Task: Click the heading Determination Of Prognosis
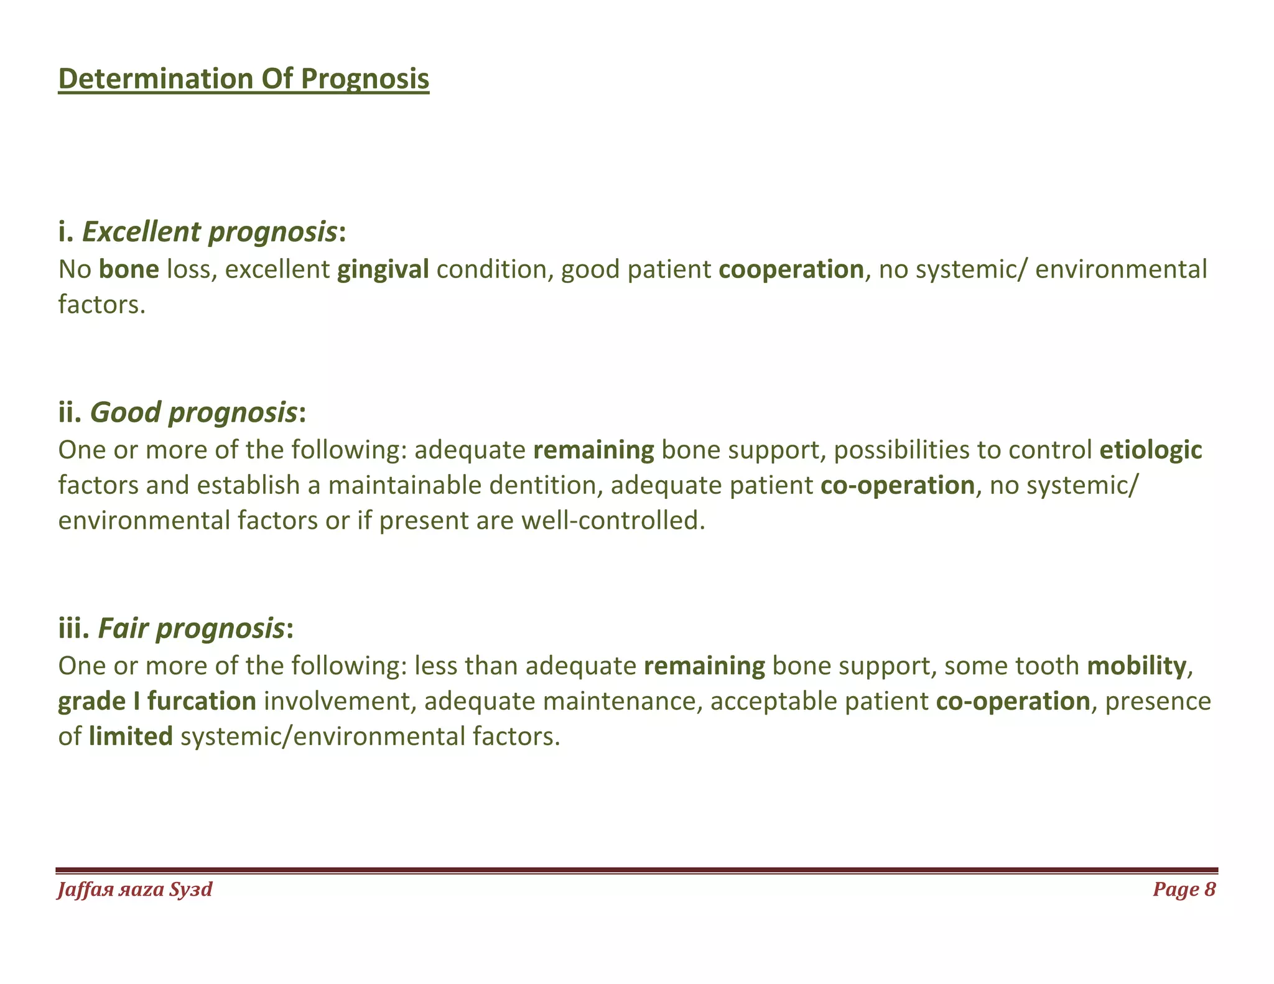coord(243,80)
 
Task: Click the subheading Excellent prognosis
coord(210,232)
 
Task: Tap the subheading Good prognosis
coord(193,412)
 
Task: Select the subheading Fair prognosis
coord(190,629)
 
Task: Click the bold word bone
coord(129,269)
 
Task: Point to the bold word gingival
coord(383,269)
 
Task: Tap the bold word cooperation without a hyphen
coord(791,269)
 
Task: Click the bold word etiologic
coord(1150,450)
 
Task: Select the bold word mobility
coord(1137,666)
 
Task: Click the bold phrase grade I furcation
coord(157,702)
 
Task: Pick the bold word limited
coord(131,736)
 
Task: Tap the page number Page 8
coord(1184,889)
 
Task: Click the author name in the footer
coord(134,890)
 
